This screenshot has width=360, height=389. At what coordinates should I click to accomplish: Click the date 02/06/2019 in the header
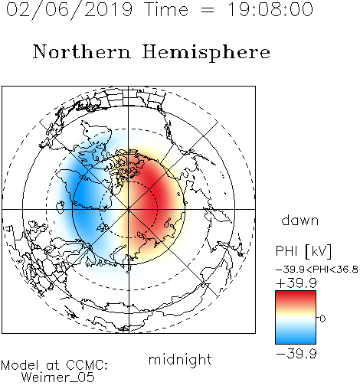pyautogui.click(x=69, y=10)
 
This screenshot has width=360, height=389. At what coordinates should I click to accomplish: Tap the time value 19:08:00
pyautogui.click(x=270, y=9)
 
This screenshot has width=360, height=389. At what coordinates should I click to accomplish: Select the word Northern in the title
pyautogui.click(x=82, y=51)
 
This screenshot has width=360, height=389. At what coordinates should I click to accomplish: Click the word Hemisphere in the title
pyautogui.click(x=206, y=52)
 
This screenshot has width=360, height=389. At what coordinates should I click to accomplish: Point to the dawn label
pyautogui.click(x=300, y=220)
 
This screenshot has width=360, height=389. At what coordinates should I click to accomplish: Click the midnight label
pyautogui.click(x=180, y=360)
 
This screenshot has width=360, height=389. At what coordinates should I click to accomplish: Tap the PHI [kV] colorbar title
pyautogui.click(x=303, y=251)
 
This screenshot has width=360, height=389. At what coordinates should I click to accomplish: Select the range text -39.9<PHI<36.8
pyautogui.click(x=317, y=270)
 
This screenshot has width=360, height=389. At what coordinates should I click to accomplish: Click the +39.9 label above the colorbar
pyautogui.click(x=296, y=283)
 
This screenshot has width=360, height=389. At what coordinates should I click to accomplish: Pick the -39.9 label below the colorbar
pyautogui.click(x=296, y=354)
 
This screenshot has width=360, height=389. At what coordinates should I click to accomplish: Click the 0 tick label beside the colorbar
pyautogui.click(x=322, y=319)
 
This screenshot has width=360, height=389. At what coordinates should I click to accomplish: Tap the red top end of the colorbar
pyautogui.click(x=296, y=294)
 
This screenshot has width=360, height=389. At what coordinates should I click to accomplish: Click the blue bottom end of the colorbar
pyautogui.click(x=296, y=341)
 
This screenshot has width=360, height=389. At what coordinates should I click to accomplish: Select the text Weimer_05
pyautogui.click(x=58, y=378)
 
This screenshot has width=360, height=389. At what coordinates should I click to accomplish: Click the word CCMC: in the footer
pyautogui.click(x=87, y=365)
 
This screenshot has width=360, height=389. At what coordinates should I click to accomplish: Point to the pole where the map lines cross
pyautogui.click(x=129, y=209)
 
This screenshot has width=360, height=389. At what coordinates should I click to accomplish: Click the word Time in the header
pyautogui.click(x=166, y=9)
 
